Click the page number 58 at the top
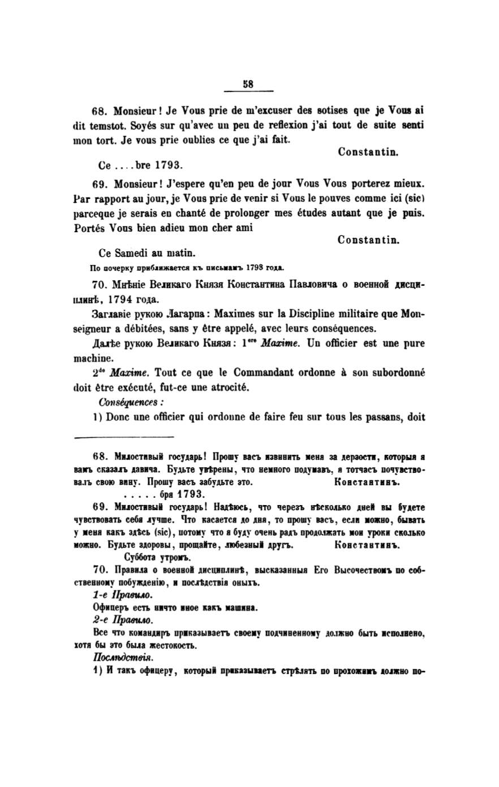click(x=248, y=84)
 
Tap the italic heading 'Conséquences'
click(x=131, y=402)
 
